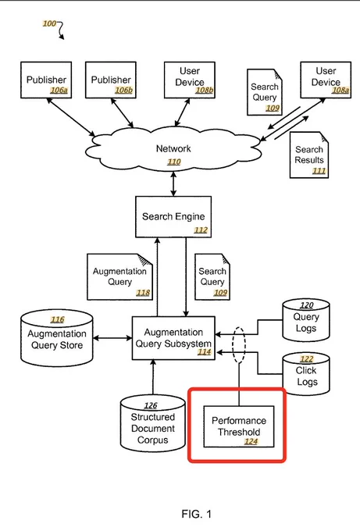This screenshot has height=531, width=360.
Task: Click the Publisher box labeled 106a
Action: pyautogui.click(x=46, y=80)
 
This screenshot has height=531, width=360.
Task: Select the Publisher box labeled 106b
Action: pyautogui.click(x=111, y=80)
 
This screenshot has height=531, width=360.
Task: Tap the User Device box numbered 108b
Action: pyautogui.click(x=190, y=80)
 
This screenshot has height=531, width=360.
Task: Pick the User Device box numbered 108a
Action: pyautogui.click(x=326, y=80)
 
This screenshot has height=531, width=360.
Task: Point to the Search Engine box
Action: pyautogui.click(x=173, y=217)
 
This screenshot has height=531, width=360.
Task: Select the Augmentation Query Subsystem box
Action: pyautogui.click(x=173, y=338)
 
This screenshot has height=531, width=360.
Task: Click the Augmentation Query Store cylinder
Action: pyautogui.click(x=57, y=338)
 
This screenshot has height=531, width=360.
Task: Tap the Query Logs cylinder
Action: pyautogui.click(x=306, y=320)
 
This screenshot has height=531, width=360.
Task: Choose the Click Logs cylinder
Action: pyautogui.click(x=306, y=374)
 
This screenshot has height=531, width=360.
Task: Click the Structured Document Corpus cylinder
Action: pyautogui.click(x=153, y=423)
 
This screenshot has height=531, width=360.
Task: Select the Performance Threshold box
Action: pyautogui.click(x=239, y=426)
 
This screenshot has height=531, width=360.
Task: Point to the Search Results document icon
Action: pyautogui.click(x=309, y=155)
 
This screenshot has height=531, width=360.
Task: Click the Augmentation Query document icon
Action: pyautogui.click(x=120, y=276)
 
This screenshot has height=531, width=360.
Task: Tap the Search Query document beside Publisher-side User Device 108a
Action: pyautogui.click(x=265, y=92)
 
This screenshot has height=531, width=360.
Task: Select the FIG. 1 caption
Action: pyautogui.click(x=197, y=514)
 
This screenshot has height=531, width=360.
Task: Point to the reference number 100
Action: pyautogui.click(x=49, y=23)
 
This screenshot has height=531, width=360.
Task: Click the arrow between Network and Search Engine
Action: pyautogui.click(x=173, y=184)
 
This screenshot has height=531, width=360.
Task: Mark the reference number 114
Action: pyautogui.click(x=205, y=352)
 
